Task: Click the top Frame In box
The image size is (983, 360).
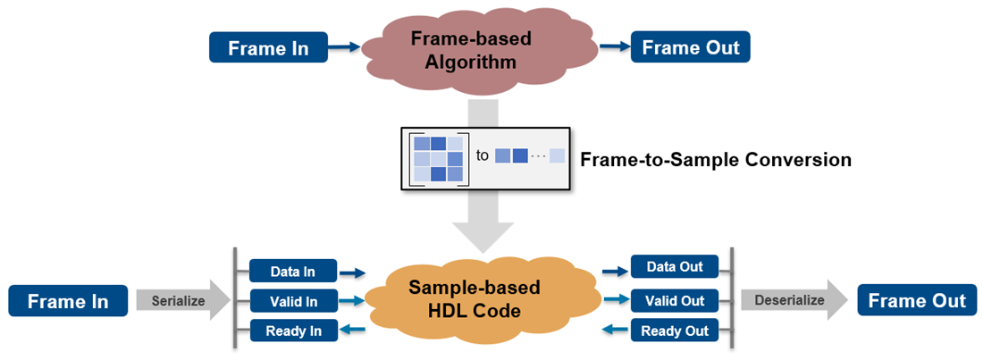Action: coord(268,47)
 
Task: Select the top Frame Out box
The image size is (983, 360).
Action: coord(690,47)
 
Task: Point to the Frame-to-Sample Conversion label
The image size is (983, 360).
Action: coord(715,161)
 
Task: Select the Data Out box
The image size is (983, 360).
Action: coord(674,266)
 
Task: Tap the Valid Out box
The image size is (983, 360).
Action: coord(674,301)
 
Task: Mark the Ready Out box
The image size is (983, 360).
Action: coord(674,331)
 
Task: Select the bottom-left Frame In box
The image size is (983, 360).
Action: coord(68,301)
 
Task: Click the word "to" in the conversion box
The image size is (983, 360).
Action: coord(482,155)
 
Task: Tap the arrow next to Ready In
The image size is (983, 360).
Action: coord(356,331)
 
